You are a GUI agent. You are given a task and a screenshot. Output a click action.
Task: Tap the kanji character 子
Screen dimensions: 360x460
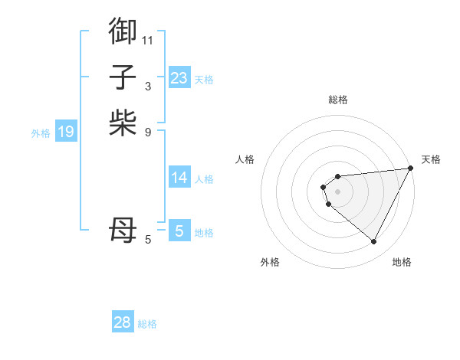[123, 77]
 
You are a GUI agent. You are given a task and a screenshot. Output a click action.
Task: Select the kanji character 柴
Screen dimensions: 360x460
[123, 123]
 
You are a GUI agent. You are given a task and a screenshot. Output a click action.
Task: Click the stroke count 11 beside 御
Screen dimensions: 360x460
[148, 39]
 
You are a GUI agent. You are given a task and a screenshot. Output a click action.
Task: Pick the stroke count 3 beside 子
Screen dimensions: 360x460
[148, 86]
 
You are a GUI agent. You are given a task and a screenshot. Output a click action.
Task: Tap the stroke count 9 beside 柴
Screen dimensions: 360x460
[148, 132]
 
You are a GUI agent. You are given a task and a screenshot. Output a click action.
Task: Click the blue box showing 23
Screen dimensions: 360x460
[179, 78]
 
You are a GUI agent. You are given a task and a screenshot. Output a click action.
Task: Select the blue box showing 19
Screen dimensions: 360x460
[65, 132]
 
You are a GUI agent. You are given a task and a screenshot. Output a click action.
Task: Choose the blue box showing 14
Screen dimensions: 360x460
[179, 178]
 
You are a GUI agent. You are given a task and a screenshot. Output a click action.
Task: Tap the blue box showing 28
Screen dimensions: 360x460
[122, 322]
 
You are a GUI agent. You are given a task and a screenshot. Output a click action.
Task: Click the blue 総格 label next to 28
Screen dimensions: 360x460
[147, 324]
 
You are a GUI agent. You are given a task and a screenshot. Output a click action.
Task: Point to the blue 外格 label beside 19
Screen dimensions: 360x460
[41, 133]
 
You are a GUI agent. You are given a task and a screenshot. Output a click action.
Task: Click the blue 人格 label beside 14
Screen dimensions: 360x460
[204, 179]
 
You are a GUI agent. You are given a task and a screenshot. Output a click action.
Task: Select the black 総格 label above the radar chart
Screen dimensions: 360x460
[337, 100]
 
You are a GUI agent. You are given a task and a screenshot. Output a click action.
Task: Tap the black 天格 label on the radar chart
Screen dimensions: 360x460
[432, 159]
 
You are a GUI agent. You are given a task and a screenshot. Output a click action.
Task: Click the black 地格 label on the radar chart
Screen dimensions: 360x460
[402, 262]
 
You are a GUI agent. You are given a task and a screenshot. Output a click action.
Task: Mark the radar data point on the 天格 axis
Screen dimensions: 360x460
[410, 169]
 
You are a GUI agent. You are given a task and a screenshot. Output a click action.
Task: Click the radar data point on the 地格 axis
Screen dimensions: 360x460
[374, 242]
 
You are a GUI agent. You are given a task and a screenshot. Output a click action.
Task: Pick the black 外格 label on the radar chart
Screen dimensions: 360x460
[270, 262]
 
